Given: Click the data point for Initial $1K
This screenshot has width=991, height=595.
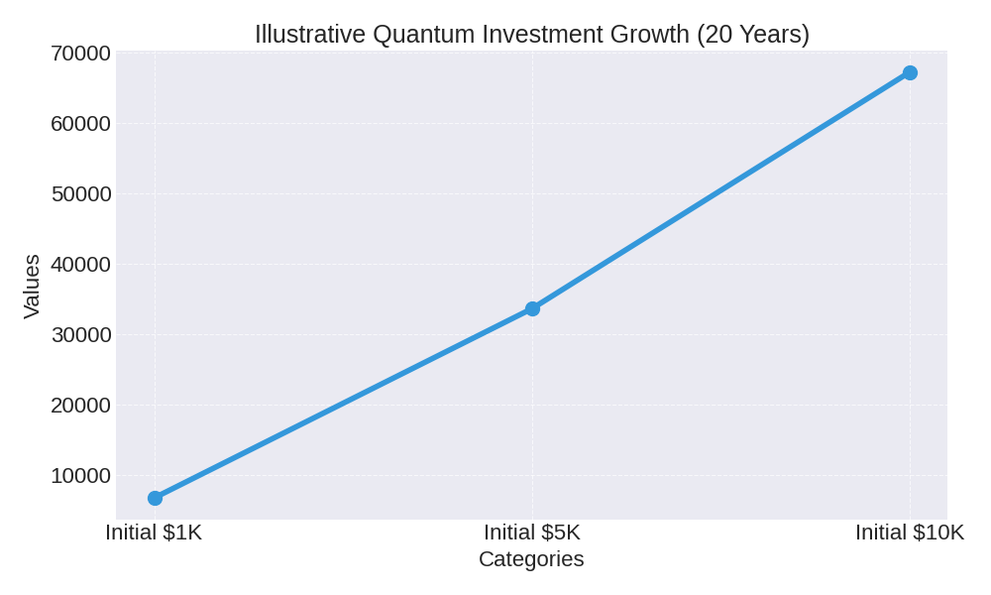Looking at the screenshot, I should [x=155, y=498].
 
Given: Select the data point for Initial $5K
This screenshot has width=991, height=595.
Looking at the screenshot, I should [x=532, y=308].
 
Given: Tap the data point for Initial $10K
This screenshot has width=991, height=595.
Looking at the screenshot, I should [x=910, y=72].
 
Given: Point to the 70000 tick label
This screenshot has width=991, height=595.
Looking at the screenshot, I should [x=81, y=54].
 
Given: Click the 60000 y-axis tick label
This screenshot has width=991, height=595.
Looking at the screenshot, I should [x=81, y=124].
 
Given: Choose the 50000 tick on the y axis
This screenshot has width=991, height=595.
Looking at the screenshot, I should [x=81, y=194].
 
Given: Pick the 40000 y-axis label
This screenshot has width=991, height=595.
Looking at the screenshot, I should [x=81, y=265].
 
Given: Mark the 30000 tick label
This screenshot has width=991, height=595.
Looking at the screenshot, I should [x=81, y=335].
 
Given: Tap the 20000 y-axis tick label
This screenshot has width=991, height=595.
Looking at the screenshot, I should [x=81, y=406].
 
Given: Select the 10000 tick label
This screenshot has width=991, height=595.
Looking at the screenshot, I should [x=81, y=476].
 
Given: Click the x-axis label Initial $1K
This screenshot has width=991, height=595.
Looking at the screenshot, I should [x=154, y=533].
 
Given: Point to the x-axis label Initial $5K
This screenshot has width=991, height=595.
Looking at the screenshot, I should [x=532, y=533].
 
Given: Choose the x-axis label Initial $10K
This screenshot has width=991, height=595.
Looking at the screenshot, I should [x=910, y=533].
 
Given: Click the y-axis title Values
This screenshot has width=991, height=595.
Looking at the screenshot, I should [x=32, y=286].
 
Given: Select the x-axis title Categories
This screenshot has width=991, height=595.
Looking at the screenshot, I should [x=531, y=559].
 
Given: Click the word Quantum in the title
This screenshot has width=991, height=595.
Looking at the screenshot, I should [x=424, y=35].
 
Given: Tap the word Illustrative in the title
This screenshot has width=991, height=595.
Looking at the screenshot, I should [x=310, y=35].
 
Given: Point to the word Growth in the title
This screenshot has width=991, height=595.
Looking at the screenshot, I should [x=651, y=35].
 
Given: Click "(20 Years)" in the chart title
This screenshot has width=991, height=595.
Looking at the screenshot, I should [x=753, y=35].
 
